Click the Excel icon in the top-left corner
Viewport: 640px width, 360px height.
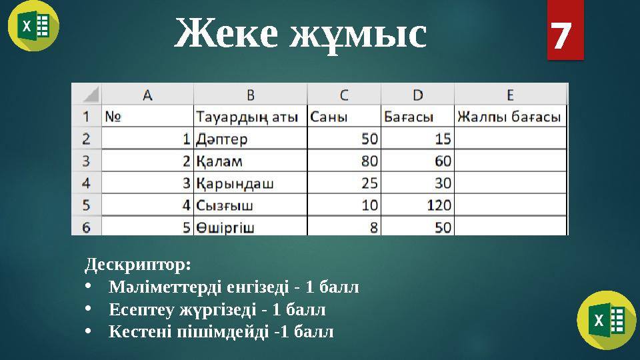pos(33,26)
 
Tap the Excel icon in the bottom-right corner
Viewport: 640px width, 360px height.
pos(606,320)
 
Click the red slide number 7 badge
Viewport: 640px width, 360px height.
pos(565,30)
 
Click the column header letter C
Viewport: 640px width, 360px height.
pos(343,94)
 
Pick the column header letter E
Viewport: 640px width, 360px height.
pos(510,94)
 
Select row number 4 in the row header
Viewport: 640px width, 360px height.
pos(86,183)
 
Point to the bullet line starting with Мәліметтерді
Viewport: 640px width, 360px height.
pos(233,287)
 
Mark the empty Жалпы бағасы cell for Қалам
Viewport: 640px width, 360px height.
pos(510,161)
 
